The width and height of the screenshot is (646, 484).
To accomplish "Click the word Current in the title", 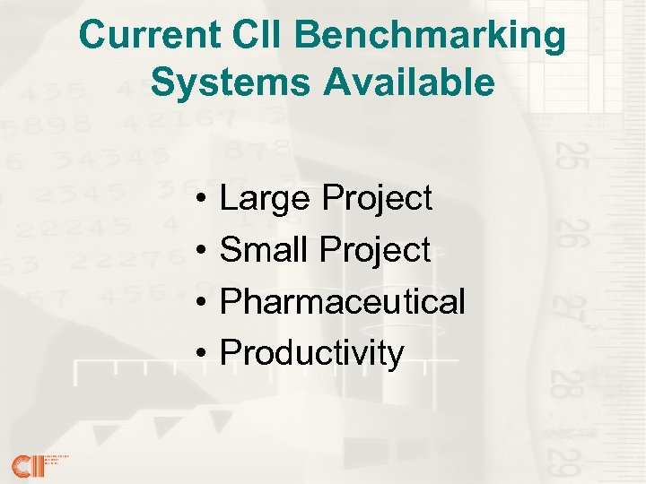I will [144, 36].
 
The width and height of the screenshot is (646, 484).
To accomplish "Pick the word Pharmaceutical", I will [343, 302].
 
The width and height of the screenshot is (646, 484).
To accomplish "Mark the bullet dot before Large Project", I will [205, 199].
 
